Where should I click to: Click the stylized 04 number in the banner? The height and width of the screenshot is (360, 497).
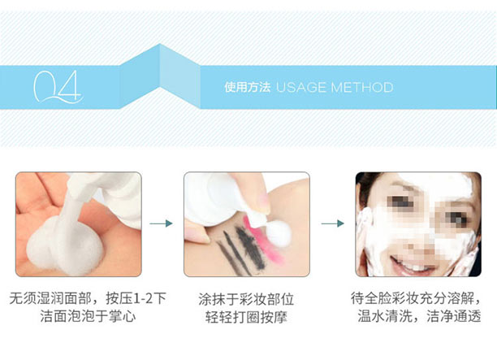coord(57,87)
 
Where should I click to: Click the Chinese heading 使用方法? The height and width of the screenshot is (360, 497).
coord(248,87)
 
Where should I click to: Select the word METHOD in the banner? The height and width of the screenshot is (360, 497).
coord(361,87)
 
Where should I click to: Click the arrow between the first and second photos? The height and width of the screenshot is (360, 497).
coord(162,223)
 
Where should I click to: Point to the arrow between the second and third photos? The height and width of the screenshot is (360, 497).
coord(333,223)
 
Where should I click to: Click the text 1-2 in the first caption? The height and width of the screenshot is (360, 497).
coord(141,298)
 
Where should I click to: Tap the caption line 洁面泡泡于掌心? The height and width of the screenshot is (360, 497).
coord(89,316)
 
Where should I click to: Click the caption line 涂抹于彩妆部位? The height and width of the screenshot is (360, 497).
coord(246,299)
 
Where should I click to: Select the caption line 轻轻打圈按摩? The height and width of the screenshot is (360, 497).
coord(246,317)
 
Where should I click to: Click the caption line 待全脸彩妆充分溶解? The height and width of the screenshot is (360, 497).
coord(413,298)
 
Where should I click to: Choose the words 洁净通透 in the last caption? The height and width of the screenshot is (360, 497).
coord(454,316)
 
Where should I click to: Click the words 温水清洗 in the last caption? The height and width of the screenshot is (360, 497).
coord(385,316)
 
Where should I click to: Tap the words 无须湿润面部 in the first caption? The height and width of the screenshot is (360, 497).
coord(50,298)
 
